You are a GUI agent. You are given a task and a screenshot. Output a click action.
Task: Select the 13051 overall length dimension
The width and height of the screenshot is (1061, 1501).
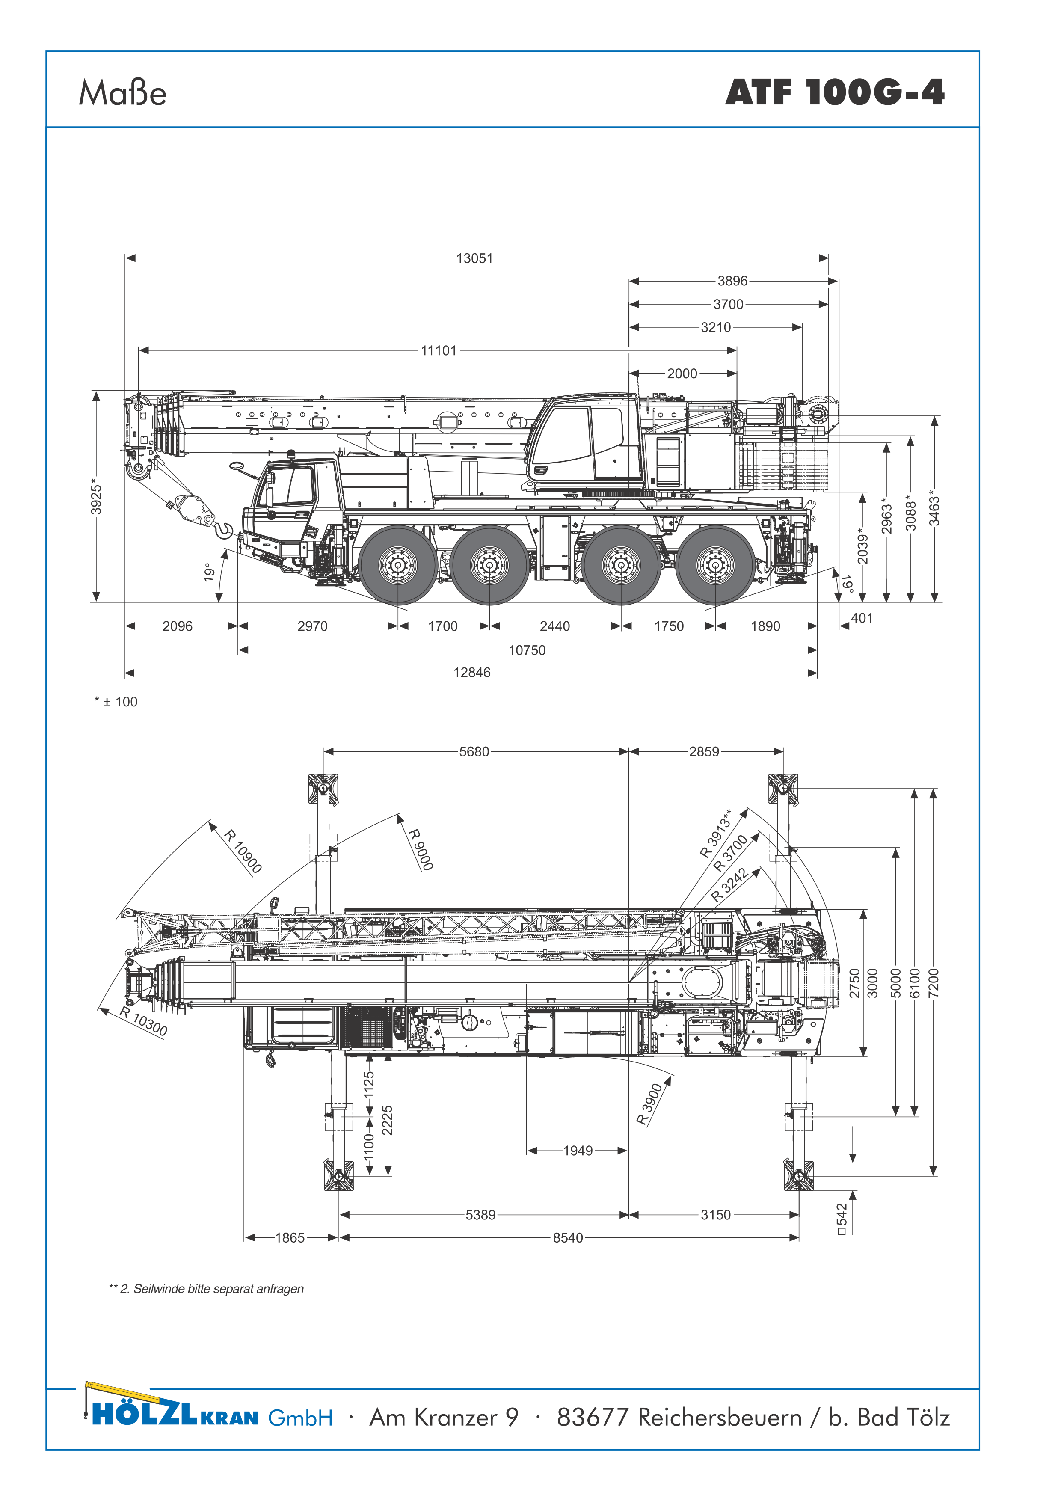[474, 258]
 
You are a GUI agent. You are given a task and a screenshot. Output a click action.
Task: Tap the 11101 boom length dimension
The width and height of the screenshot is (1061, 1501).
[439, 350]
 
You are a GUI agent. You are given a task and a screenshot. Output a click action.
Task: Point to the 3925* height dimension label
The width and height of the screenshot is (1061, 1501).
[96, 498]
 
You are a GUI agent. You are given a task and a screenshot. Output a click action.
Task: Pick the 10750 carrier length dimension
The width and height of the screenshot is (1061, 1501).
[527, 650]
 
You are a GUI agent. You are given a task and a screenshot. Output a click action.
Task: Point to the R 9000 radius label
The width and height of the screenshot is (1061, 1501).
[421, 850]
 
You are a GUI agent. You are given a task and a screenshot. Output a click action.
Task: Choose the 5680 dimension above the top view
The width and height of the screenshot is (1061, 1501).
[474, 752]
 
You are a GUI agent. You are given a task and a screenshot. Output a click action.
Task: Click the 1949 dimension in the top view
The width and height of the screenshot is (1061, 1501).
[578, 1151]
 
